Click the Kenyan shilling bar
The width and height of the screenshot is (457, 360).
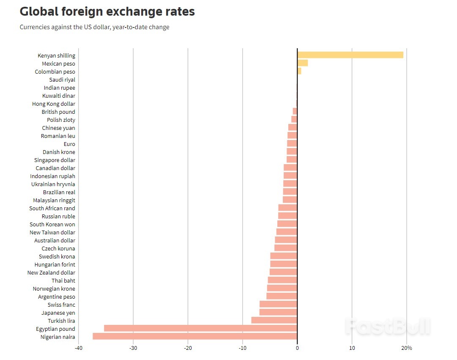[x=350, y=55]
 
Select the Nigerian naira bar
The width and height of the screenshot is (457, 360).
[x=195, y=336]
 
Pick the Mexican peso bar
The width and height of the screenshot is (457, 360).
[x=302, y=63]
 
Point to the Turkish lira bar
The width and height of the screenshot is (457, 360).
[x=274, y=320]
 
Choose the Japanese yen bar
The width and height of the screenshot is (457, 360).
[x=278, y=312]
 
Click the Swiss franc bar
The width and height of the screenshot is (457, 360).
[x=278, y=304]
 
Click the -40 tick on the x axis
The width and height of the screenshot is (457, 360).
[x=78, y=348]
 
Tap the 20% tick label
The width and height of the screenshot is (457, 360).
[x=406, y=348]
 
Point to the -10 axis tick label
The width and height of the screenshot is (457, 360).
[x=242, y=348]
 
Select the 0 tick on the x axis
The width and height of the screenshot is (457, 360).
[x=297, y=348]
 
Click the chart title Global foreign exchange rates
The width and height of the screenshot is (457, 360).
[x=107, y=11]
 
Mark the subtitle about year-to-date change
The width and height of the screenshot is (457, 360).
[x=94, y=27]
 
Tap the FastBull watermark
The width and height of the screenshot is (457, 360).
[x=387, y=327]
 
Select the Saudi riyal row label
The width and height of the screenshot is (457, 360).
[x=62, y=80]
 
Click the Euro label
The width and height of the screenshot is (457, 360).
[x=69, y=144]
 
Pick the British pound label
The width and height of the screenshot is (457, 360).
[x=58, y=112]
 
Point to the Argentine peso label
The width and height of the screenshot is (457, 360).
[x=57, y=297]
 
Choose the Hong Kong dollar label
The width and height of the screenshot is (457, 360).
[x=54, y=104]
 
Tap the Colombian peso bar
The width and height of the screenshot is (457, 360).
[x=299, y=71]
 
